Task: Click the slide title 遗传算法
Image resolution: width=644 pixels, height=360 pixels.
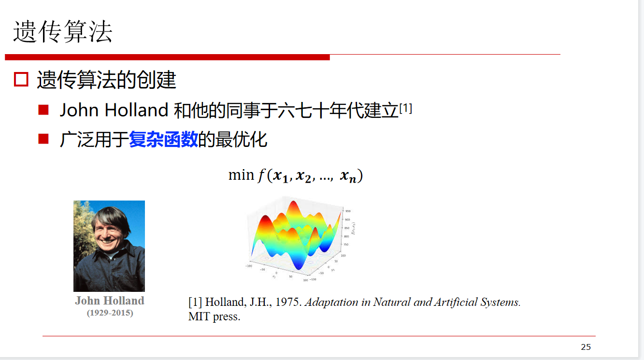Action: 63,32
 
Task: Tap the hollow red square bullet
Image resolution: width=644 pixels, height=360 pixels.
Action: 21,80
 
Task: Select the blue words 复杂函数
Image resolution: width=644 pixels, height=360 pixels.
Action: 163,140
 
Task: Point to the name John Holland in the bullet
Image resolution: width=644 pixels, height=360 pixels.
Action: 114,111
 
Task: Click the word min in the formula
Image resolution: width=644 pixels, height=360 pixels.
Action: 241,175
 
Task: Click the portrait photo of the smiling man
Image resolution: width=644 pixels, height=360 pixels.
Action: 109,245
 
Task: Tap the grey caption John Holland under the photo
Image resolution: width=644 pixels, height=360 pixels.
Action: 110,301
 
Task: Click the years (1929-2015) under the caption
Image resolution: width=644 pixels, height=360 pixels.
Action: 110,313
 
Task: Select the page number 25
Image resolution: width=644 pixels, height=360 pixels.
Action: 586,347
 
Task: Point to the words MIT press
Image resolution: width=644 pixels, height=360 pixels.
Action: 214,317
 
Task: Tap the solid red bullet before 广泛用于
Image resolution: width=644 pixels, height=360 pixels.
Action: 44,139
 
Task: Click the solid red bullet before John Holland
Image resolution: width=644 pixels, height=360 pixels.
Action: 44,110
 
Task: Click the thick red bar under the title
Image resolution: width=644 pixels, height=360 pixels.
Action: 167,57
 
